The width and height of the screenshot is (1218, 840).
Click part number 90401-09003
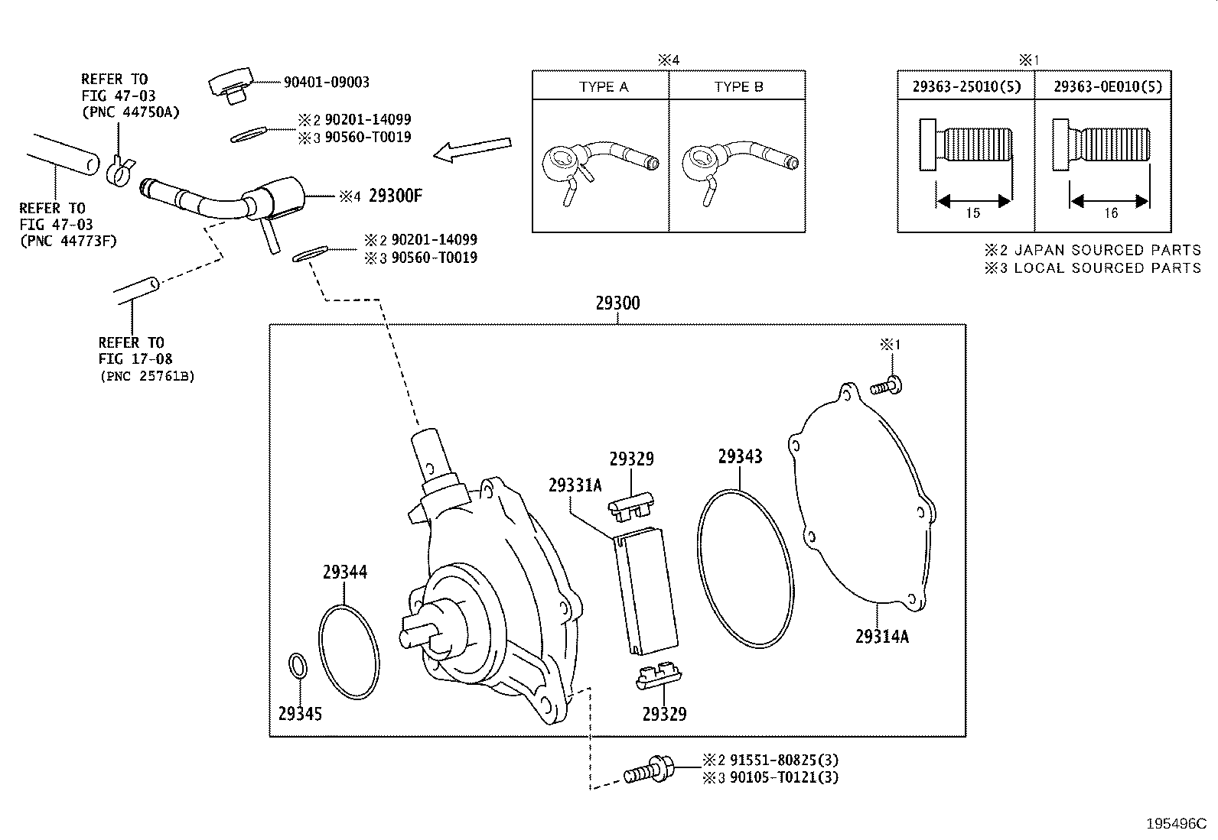coord(327,82)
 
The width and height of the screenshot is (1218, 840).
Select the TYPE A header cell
coord(603,86)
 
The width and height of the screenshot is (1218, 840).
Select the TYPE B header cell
coord(738,86)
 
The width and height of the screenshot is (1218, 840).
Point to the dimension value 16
coord(1110,213)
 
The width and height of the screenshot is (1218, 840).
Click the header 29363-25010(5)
coord(966,86)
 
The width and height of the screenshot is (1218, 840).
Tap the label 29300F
coord(395,196)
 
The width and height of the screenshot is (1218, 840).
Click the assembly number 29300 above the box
coord(617,303)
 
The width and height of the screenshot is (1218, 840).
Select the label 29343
coord(740,456)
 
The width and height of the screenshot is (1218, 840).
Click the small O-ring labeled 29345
coord(298,665)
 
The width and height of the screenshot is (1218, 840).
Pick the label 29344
coord(344,572)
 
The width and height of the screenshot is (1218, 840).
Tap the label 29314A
coord(881,636)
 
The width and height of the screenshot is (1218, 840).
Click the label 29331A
coord(575,485)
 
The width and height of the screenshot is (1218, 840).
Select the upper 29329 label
coord(631,459)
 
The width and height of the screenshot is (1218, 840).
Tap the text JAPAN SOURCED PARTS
coord(1107,250)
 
